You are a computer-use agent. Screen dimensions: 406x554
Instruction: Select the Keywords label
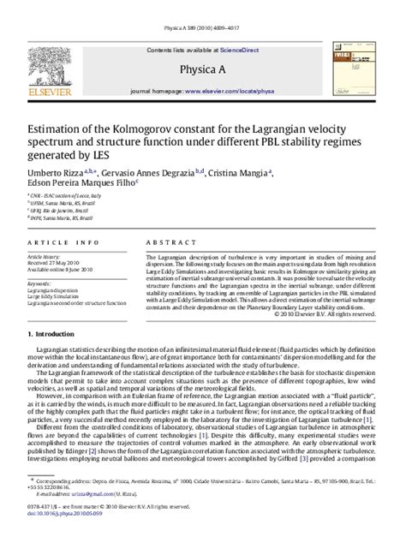pyautogui.click(x=39, y=283)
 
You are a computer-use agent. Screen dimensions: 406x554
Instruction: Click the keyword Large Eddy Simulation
pyautogui.click(x=54, y=295)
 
